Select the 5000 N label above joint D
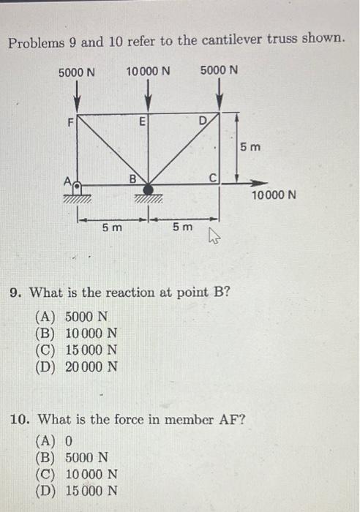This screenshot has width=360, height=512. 219,71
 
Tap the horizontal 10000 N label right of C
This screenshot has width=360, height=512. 273,196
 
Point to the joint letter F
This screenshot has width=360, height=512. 71,123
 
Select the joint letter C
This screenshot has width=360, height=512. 213,176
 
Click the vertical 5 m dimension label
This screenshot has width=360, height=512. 250,148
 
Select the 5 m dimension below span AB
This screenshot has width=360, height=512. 112,228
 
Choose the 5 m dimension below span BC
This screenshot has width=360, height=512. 182,228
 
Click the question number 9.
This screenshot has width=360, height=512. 14,294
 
